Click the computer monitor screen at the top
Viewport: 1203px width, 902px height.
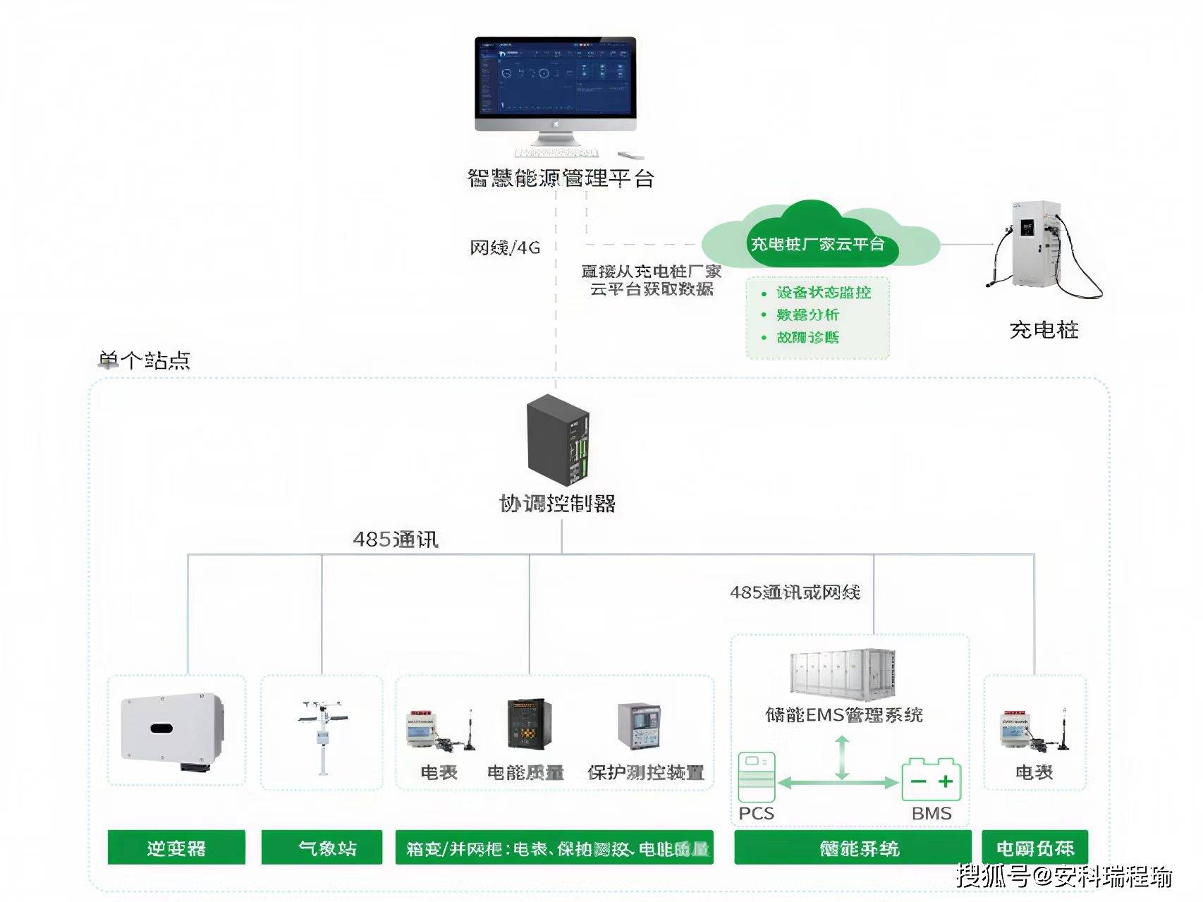tap(555, 78)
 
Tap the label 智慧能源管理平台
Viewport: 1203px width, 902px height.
tap(561, 178)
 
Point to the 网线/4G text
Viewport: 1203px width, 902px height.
tap(505, 248)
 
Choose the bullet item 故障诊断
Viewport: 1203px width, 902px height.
tap(807, 337)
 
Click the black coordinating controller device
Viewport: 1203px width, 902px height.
tap(558, 437)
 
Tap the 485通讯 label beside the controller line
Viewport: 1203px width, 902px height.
tap(396, 540)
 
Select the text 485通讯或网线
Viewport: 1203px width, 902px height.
tap(795, 592)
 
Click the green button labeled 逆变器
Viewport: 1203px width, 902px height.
tap(176, 848)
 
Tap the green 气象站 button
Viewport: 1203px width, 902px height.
tap(322, 848)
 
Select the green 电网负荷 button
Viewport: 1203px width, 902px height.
tap(1034, 848)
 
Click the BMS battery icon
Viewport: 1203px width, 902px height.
tap(932, 779)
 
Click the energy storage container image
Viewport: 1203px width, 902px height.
tap(843, 674)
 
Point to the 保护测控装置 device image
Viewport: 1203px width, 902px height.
tap(639, 726)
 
